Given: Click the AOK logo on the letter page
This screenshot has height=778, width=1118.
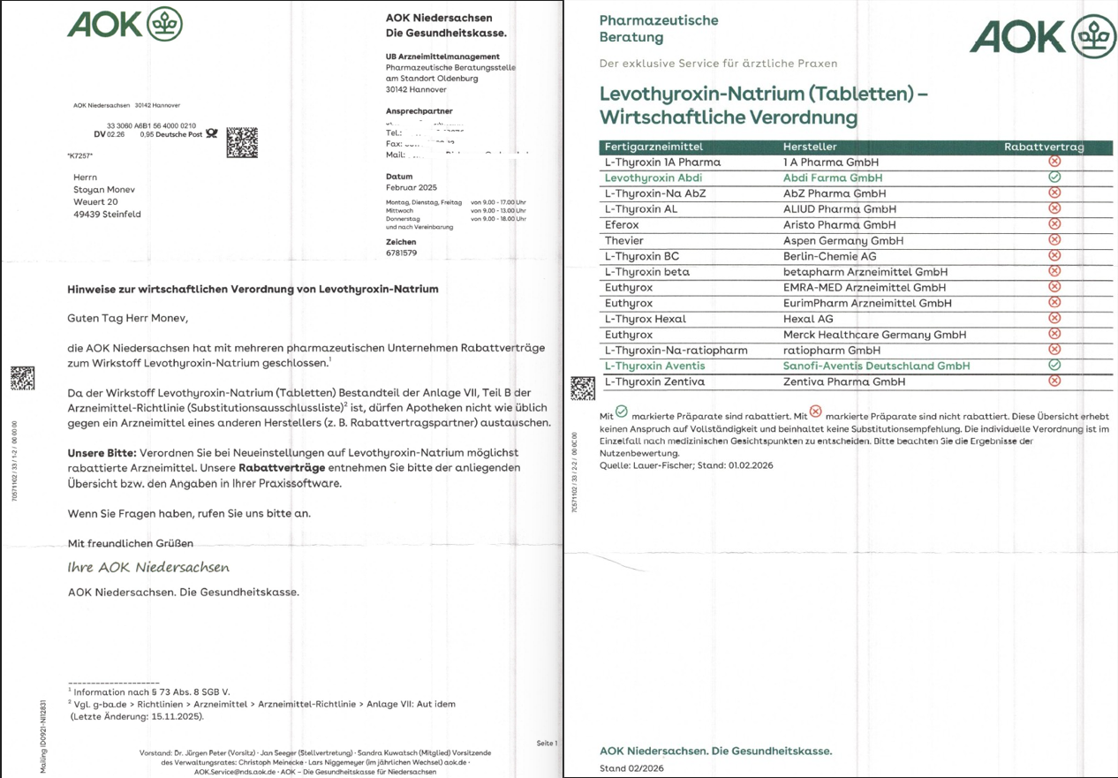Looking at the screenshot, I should [x=125, y=24].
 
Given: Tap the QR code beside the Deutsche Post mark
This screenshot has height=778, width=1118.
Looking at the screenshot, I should [x=242, y=143].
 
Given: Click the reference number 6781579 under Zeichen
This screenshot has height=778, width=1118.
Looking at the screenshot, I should [x=401, y=253].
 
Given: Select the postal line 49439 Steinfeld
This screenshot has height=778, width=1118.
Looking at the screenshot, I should [x=107, y=215].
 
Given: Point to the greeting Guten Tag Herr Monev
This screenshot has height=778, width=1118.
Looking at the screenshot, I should [x=128, y=318].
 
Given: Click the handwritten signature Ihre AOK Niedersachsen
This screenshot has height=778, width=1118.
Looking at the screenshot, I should [x=148, y=567].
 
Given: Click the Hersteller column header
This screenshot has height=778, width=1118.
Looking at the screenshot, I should [x=809, y=147].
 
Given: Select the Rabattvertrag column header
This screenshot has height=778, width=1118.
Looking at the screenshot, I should [x=1044, y=147].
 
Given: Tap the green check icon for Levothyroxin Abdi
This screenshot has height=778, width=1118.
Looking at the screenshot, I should [x=1054, y=177].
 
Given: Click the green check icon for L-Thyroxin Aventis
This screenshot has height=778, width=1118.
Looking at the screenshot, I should [x=1054, y=365].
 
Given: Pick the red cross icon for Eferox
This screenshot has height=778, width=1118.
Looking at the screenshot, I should [x=1054, y=223].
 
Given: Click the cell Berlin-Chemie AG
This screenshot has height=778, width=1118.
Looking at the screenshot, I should [x=829, y=256].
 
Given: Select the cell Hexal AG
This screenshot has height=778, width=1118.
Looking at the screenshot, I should [x=808, y=319].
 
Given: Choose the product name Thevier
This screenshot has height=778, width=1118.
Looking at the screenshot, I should [x=624, y=240].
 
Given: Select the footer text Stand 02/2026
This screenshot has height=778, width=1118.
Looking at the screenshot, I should [x=631, y=768].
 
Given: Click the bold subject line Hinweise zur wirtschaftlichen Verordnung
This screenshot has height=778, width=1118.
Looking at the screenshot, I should [x=253, y=289].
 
